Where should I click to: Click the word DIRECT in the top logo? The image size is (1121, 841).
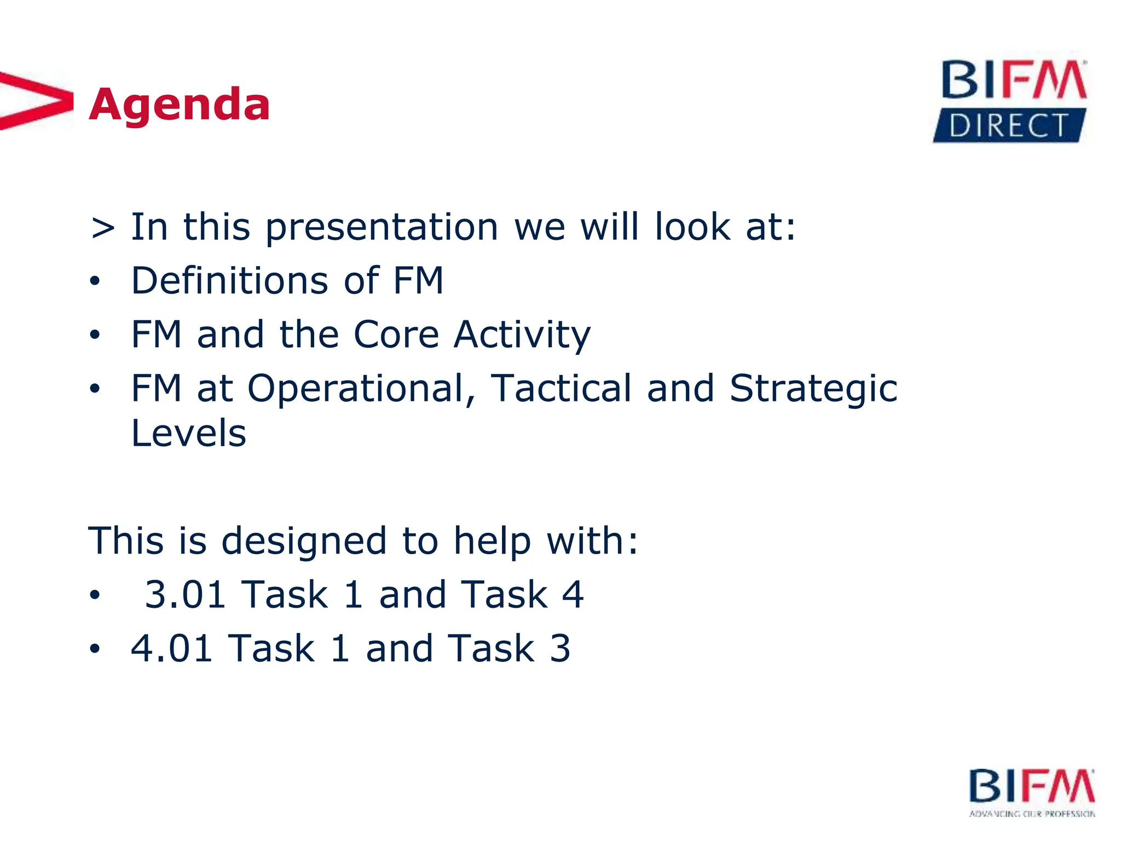[x=1008, y=126]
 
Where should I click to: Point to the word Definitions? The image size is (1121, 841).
[x=230, y=280]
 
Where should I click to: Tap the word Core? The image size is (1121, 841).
[x=396, y=334]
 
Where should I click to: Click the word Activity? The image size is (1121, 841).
[x=522, y=335]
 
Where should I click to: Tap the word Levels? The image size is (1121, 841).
[x=189, y=433]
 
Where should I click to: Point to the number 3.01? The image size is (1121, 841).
[x=185, y=595]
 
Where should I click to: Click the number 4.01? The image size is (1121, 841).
[x=171, y=648]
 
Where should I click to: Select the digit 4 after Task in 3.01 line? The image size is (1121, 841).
[x=573, y=595]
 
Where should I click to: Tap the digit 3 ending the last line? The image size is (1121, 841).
[x=559, y=648]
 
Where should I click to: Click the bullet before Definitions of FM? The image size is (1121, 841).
[x=95, y=281]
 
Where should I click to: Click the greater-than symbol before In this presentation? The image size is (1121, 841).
[x=103, y=228]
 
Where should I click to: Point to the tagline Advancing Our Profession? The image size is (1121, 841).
[x=1032, y=814]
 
